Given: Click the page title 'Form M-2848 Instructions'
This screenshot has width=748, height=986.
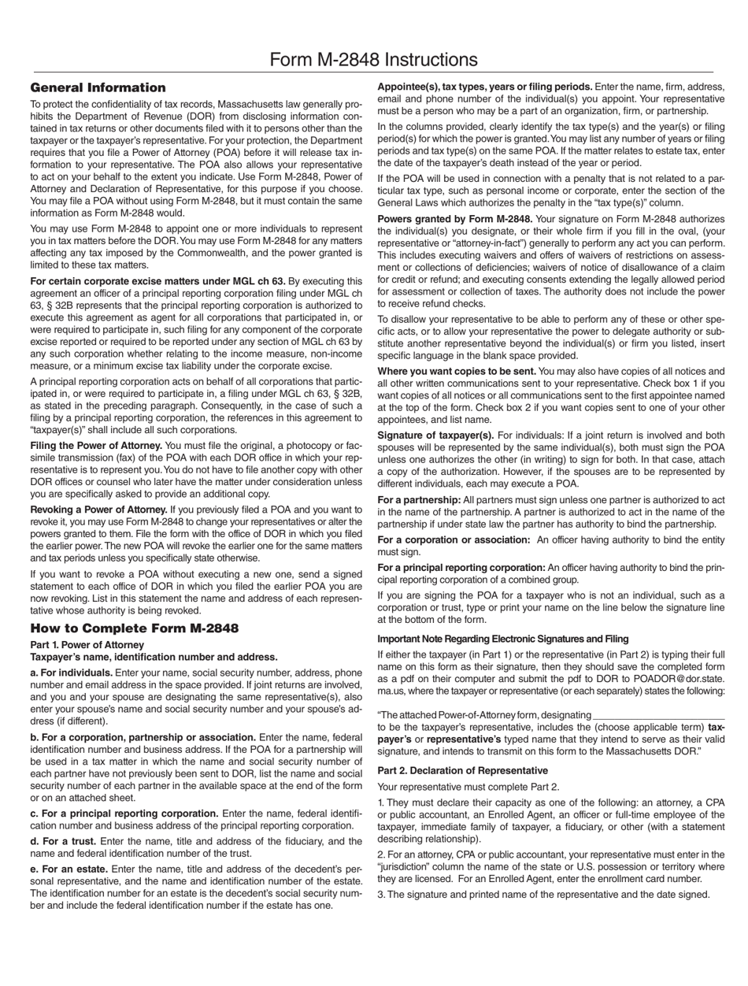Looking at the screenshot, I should (373, 60).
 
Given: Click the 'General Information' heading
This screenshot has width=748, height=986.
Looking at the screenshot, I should (98, 87).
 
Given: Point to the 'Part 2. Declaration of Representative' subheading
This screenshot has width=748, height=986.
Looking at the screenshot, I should (462, 770).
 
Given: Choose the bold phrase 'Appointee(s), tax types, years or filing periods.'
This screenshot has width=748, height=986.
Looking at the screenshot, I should (485, 86).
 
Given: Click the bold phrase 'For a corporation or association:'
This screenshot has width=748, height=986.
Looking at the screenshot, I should (454, 539).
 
